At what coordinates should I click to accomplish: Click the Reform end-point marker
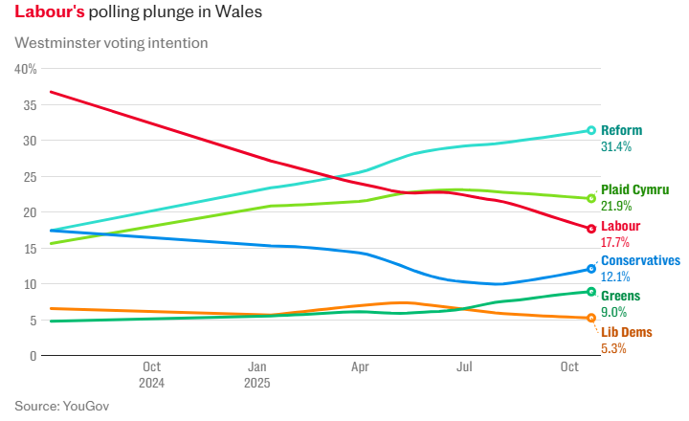pyautogui.click(x=591, y=130)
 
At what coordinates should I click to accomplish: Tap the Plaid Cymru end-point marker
pyautogui.click(x=591, y=198)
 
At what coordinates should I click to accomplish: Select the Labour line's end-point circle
pyautogui.click(x=591, y=229)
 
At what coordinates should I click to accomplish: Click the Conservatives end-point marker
pyautogui.click(x=591, y=269)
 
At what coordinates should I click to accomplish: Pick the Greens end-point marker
pyautogui.click(x=591, y=292)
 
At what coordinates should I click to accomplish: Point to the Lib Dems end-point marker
pyautogui.click(x=591, y=318)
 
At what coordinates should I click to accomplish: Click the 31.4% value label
pyautogui.click(x=615, y=147)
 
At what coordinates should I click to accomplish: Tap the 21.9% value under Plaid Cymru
pyautogui.click(x=615, y=207)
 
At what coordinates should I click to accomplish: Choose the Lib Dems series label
pyautogui.click(x=626, y=331)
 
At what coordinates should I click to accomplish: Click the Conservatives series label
pyautogui.click(x=640, y=260)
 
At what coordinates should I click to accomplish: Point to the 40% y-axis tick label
pyautogui.click(x=26, y=69)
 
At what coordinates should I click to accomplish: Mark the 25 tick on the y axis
pyautogui.click(x=30, y=177)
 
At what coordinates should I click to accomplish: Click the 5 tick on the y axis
pyautogui.click(x=33, y=320)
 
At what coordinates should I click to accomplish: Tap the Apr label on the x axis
pyautogui.click(x=360, y=366)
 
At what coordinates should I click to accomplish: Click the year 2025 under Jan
pyautogui.click(x=256, y=383)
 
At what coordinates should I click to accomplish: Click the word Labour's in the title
pyautogui.click(x=50, y=13)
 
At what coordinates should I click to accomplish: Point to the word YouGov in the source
pyautogui.click(x=86, y=406)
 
